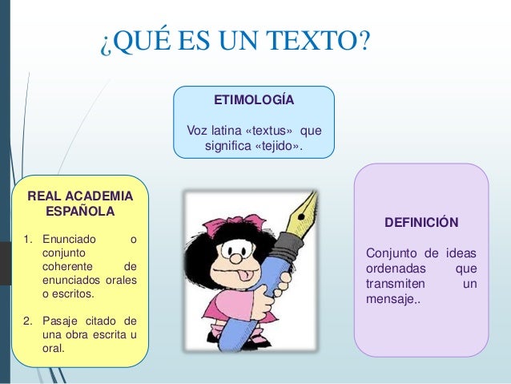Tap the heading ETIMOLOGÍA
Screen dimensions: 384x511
pos(254,100)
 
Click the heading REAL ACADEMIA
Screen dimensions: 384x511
pos(81,196)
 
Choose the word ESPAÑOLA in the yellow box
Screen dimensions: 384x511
pos(81,212)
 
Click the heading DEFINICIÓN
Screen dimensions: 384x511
pos(421,222)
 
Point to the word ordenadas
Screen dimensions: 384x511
pos(395,269)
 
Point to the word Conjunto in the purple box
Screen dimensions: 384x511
pos(390,255)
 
